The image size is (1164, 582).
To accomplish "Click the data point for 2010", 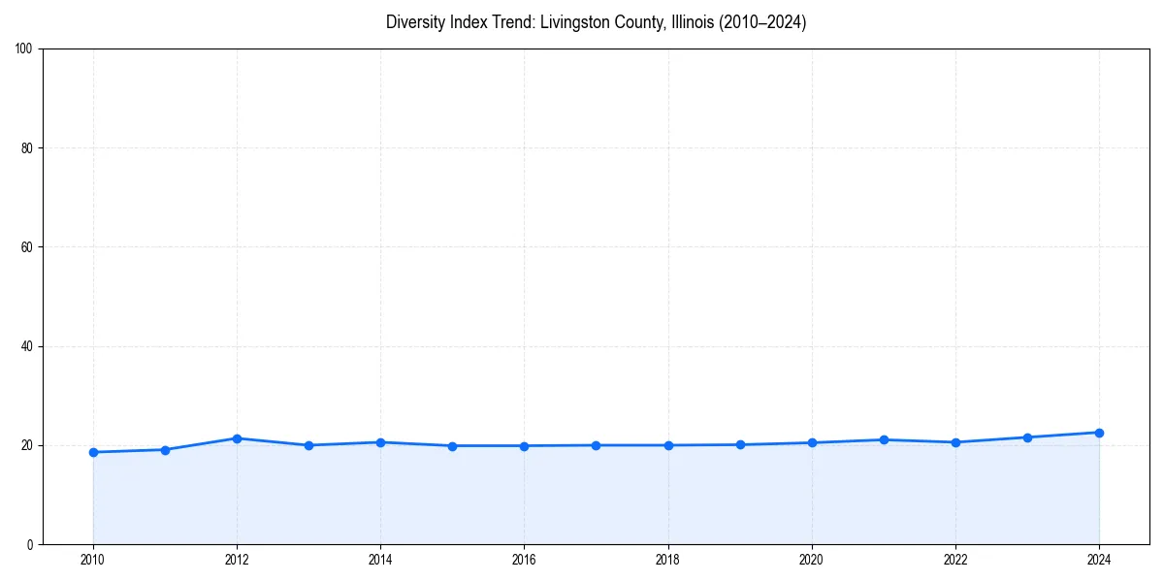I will [93, 452].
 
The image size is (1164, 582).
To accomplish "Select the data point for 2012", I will [237, 438].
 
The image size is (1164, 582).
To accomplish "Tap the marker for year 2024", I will [1099, 433].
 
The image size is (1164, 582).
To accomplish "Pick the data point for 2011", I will [165, 450].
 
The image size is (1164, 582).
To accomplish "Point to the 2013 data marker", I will [308, 445].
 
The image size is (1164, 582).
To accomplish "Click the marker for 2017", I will [596, 445].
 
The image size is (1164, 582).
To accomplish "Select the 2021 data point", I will [884, 439].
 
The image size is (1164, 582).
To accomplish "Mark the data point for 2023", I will [1027, 437].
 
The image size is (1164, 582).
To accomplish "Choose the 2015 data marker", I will [452, 446].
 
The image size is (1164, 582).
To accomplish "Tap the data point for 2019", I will [740, 444].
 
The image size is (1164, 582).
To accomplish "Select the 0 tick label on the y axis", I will [31, 544].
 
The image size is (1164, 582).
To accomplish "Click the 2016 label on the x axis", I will [524, 560].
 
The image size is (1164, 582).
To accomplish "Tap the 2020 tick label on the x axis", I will [812, 560].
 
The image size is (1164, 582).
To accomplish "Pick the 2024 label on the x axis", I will [1099, 560].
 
